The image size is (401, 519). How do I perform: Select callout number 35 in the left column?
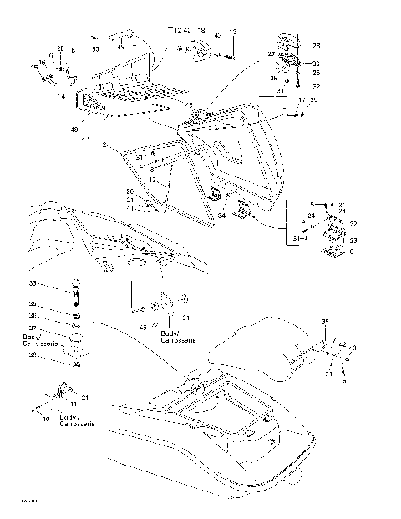pyautogui.click(x=33, y=303)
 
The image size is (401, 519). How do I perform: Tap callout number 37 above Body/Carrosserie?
pyautogui.click(x=33, y=328)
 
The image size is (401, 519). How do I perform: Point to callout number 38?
pyautogui.click(x=33, y=354)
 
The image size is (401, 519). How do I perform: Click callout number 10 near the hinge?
pyautogui.click(x=46, y=418)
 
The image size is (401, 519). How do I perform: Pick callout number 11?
pyautogui.click(x=73, y=404)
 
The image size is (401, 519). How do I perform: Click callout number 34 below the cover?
pyautogui.click(x=222, y=216)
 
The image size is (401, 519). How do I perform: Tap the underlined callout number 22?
pyautogui.click(x=353, y=224)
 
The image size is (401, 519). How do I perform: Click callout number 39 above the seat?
pyautogui.click(x=326, y=321)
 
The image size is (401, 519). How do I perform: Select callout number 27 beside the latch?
pyautogui.click(x=272, y=53)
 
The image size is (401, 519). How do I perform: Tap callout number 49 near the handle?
pyautogui.click(x=120, y=48)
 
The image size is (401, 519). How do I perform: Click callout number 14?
pyautogui.click(x=62, y=97)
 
